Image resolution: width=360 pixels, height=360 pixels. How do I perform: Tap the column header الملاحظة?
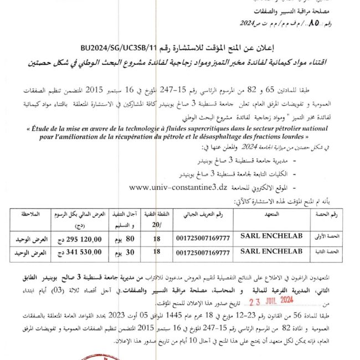(27, 213)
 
